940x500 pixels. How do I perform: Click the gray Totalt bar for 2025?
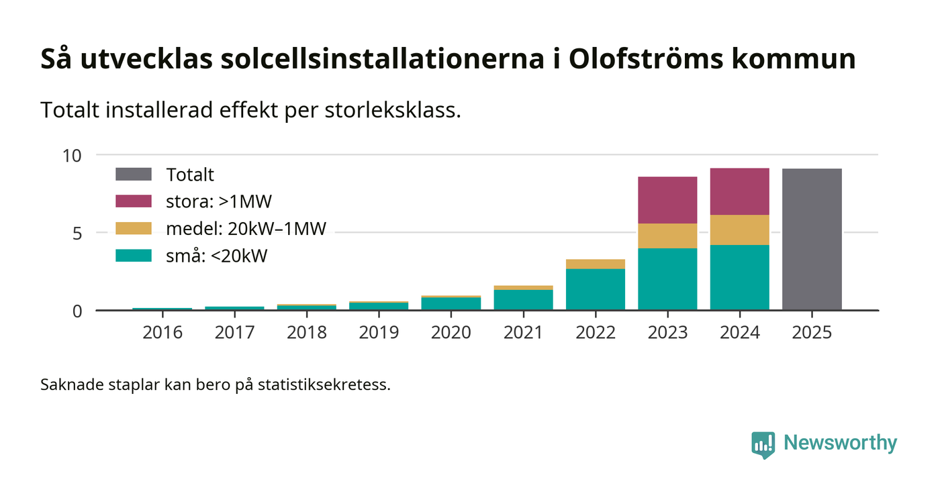[x=812, y=239]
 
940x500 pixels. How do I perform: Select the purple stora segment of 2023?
[x=667, y=200]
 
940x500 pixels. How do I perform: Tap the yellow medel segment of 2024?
[x=739, y=230]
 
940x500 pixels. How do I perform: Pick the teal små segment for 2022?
[x=595, y=289]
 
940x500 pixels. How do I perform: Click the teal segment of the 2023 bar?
[x=667, y=279]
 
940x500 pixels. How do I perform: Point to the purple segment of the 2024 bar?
[x=739, y=191]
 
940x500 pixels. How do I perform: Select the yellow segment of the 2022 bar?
[x=595, y=264]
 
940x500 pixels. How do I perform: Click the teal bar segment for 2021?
[x=523, y=300]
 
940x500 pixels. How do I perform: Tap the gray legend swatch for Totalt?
[x=134, y=174]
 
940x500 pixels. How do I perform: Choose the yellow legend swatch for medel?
[x=134, y=229]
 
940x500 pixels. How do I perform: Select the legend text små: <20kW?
[x=216, y=256]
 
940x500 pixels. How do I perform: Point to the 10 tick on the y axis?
[x=72, y=156]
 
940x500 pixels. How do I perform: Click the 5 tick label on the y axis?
[x=77, y=234]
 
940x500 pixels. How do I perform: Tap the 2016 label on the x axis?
[x=162, y=333]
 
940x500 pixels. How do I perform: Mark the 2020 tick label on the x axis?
[x=451, y=333]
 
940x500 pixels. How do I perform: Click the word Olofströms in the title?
[x=645, y=59]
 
